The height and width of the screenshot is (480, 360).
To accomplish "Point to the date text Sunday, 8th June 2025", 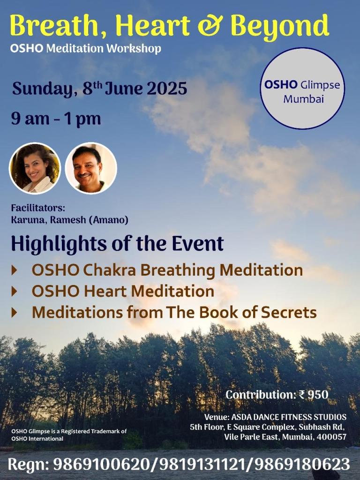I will click(x=99, y=88).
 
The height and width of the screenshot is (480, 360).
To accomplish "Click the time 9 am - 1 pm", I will click(x=56, y=118).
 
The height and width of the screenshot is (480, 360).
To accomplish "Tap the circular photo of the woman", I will click(x=35, y=168).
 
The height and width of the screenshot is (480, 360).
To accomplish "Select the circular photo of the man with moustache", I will click(x=90, y=168).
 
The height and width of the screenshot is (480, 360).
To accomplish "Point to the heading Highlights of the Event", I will click(x=117, y=244).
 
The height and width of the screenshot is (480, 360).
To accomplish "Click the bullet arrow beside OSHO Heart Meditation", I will click(x=15, y=292).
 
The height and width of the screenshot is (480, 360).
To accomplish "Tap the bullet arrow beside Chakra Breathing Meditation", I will click(x=15, y=270).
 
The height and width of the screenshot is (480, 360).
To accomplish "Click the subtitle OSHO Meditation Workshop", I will click(x=85, y=48).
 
